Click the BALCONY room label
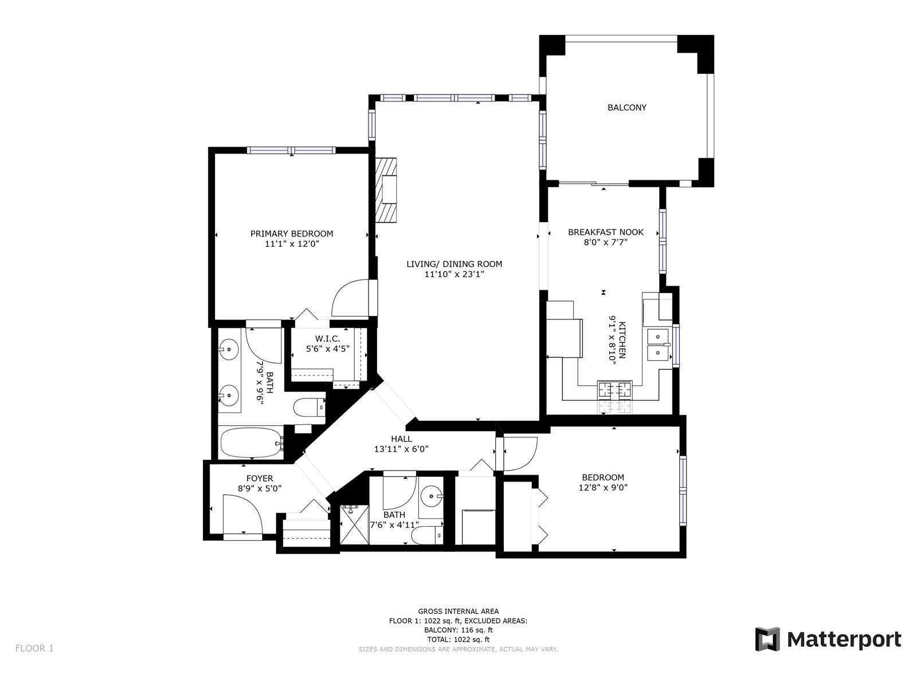point(626,108)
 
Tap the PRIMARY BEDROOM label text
point(292,234)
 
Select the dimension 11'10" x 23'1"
point(454,274)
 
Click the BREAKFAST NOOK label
point(606,232)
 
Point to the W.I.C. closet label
point(327,338)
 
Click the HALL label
point(402,439)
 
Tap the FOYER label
point(260,479)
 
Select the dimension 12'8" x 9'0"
point(603,487)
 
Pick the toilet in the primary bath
point(309,407)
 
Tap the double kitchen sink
point(658,345)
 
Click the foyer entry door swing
point(243,515)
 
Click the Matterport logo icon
point(767,639)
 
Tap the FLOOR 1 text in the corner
point(34,649)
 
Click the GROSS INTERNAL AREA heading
point(458,611)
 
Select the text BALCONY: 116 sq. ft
point(458,630)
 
